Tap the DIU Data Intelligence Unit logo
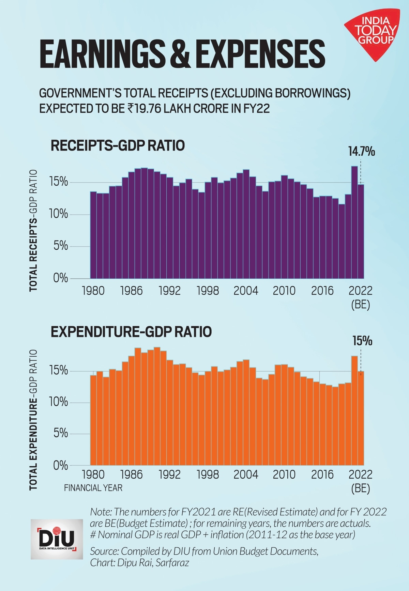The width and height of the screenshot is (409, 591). click(57, 539)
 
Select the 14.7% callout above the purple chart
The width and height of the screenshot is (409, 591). click(361, 152)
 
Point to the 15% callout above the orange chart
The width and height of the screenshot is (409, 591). click(362, 341)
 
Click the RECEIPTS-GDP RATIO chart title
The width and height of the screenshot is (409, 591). click(118, 145)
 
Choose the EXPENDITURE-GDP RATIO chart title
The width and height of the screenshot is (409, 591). click(131, 332)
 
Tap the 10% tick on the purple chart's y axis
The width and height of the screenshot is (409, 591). click(59, 215)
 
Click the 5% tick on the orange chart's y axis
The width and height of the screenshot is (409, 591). click(61, 434)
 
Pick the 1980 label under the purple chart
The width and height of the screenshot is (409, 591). click(93, 291)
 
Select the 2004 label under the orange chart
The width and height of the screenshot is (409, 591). click(246, 474)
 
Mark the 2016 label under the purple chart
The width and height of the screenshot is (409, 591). click(322, 291)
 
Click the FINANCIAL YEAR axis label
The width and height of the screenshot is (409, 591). click(93, 488)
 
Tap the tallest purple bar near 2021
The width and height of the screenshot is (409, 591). click(354, 221)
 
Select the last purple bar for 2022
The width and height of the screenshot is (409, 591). click(361, 232)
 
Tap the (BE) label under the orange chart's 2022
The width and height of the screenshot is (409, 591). click(360, 488)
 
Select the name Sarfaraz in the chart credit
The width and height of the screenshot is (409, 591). click(172, 562)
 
